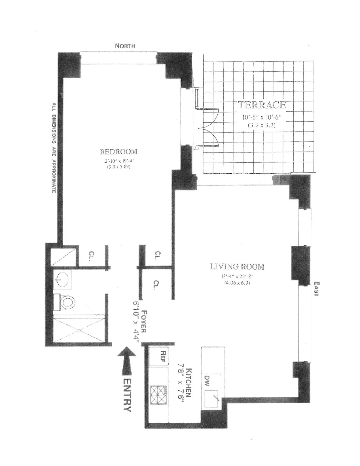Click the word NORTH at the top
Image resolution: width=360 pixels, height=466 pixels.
(x=125, y=46)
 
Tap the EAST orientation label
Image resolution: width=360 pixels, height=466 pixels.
(x=317, y=289)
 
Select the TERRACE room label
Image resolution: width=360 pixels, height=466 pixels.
(x=262, y=105)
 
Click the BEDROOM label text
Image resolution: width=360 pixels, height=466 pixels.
(x=118, y=152)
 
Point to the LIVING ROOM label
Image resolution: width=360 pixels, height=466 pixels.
(x=237, y=267)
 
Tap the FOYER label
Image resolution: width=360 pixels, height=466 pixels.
(x=144, y=322)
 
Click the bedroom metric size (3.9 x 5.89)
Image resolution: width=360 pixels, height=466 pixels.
(x=118, y=167)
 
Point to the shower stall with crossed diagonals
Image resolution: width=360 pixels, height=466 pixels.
(x=79, y=330)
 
